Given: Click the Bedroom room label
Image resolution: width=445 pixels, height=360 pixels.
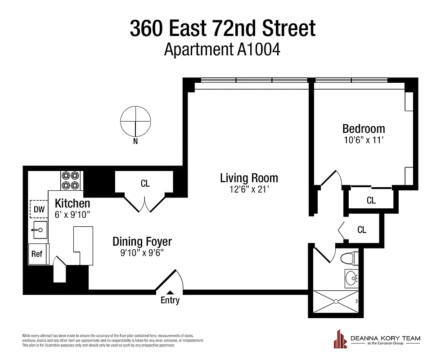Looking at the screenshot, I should [x=364, y=129].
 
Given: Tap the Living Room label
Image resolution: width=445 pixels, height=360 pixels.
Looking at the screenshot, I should [x=249, y=178].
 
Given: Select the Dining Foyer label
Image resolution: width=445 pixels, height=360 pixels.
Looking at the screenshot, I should [x=142, y=242].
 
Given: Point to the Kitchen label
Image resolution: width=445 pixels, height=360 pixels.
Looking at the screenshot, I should [x=72, y=203].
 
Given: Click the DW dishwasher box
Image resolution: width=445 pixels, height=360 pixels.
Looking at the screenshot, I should [x=39, y=209].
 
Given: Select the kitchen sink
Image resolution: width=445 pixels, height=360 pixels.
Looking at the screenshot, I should [x=39, y=231].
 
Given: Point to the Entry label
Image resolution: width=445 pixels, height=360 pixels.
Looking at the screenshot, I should [x=170, y=300].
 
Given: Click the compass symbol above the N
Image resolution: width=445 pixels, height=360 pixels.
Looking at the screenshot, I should [x=135, y=121].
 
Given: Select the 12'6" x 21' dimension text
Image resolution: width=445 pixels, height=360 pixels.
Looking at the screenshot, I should [x=249, y=189].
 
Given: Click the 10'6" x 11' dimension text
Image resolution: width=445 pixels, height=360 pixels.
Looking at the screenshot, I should [x=364, y=140].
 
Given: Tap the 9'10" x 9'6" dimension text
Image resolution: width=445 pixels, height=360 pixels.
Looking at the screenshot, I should [x=142, y=253].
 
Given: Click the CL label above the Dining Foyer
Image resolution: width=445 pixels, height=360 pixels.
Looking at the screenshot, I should [x=145, y=184].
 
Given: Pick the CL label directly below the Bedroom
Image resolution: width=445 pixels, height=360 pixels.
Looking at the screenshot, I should [x=371, y=200].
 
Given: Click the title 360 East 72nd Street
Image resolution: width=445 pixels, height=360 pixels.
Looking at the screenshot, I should [x=223, y=28].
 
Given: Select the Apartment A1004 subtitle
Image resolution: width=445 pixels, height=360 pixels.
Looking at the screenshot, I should [x=222, y=49].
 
